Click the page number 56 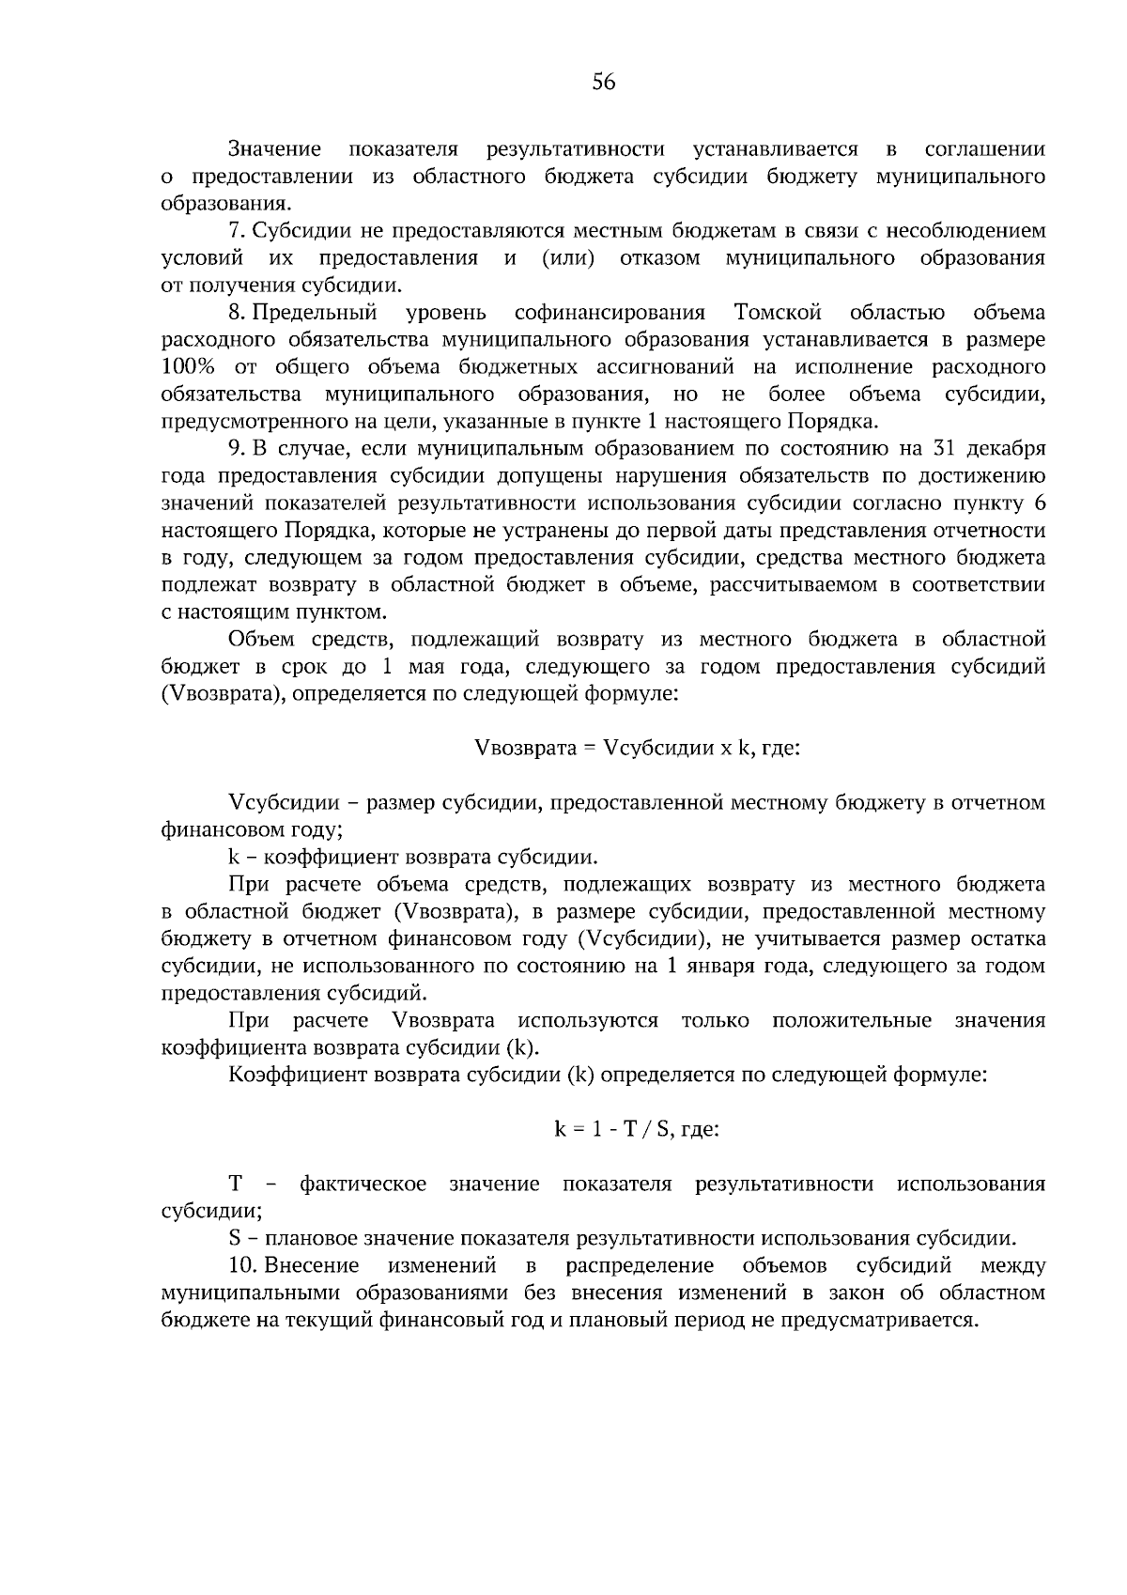603,83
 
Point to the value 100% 189,366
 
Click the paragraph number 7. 236,231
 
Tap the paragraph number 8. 236,312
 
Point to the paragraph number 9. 236,447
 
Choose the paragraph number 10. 241,1265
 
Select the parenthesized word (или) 568,258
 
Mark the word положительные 852,1021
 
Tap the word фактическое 363,1184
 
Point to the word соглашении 984,149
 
